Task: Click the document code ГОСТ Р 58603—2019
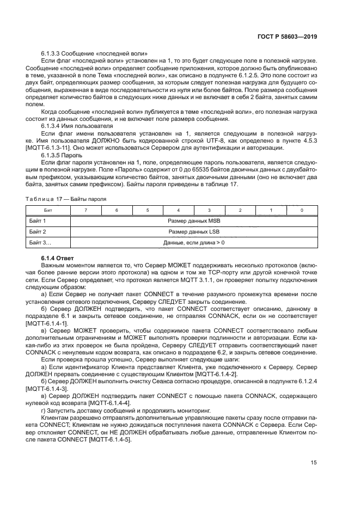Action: (289, 37)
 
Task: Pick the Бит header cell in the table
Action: (48, 210)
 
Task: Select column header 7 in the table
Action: (85, 210)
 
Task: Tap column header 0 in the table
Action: (302, 210)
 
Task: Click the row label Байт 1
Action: (37, 221)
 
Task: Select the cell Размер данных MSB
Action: (193, 221)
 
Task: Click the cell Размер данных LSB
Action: (193, 231)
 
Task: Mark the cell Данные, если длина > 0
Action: (193, 242)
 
